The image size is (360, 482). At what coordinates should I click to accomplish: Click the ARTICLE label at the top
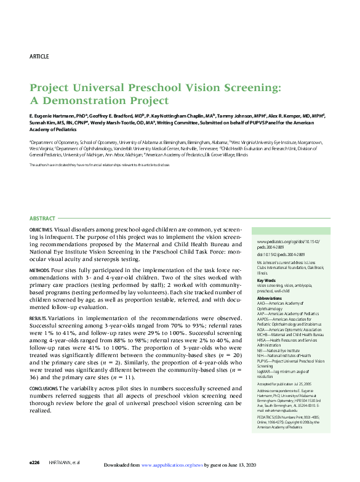tap(39, 57)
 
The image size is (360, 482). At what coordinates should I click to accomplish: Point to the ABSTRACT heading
tap(42, 219)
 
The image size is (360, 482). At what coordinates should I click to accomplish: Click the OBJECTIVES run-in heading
tap(41, 230)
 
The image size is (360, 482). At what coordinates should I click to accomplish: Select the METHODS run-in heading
tap(39, 271)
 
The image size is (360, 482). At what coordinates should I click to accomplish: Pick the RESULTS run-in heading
tap(38, 318)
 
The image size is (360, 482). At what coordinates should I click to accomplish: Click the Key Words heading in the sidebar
tap(266, 281)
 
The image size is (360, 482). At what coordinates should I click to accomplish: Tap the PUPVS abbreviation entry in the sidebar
tap(287, 363)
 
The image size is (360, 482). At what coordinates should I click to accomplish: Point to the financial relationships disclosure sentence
tap(99, 165)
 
